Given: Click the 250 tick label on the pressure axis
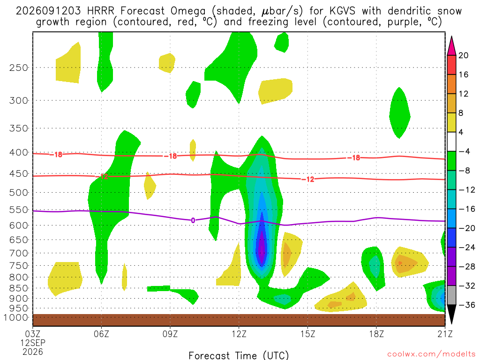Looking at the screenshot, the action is [x=18, y=67].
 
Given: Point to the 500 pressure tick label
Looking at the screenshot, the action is [x=18, y=193].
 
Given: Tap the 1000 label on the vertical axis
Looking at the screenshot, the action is [x=15, y=317].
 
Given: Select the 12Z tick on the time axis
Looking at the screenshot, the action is [x=239, y=334].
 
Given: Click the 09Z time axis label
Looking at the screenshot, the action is [x=170, y=334].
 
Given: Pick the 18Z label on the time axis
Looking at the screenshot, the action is [x=376, y=334].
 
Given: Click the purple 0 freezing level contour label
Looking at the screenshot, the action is [x=193, y=220].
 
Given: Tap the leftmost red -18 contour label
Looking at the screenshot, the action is [x=56, y=155].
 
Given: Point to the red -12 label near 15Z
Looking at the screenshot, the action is [x=308, y=180].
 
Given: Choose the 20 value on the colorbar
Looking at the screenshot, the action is [x=464, y=55].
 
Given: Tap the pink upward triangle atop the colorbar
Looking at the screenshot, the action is [x=451, y=45].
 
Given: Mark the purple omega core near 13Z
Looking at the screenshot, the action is [x=262, y=245].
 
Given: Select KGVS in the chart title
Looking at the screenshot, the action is [x=343, y=11].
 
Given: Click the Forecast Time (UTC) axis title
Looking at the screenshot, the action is [x=239, y=355].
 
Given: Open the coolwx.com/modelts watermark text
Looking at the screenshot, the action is [x=431, y=354].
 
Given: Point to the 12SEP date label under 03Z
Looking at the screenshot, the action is [x=33, y=343].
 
